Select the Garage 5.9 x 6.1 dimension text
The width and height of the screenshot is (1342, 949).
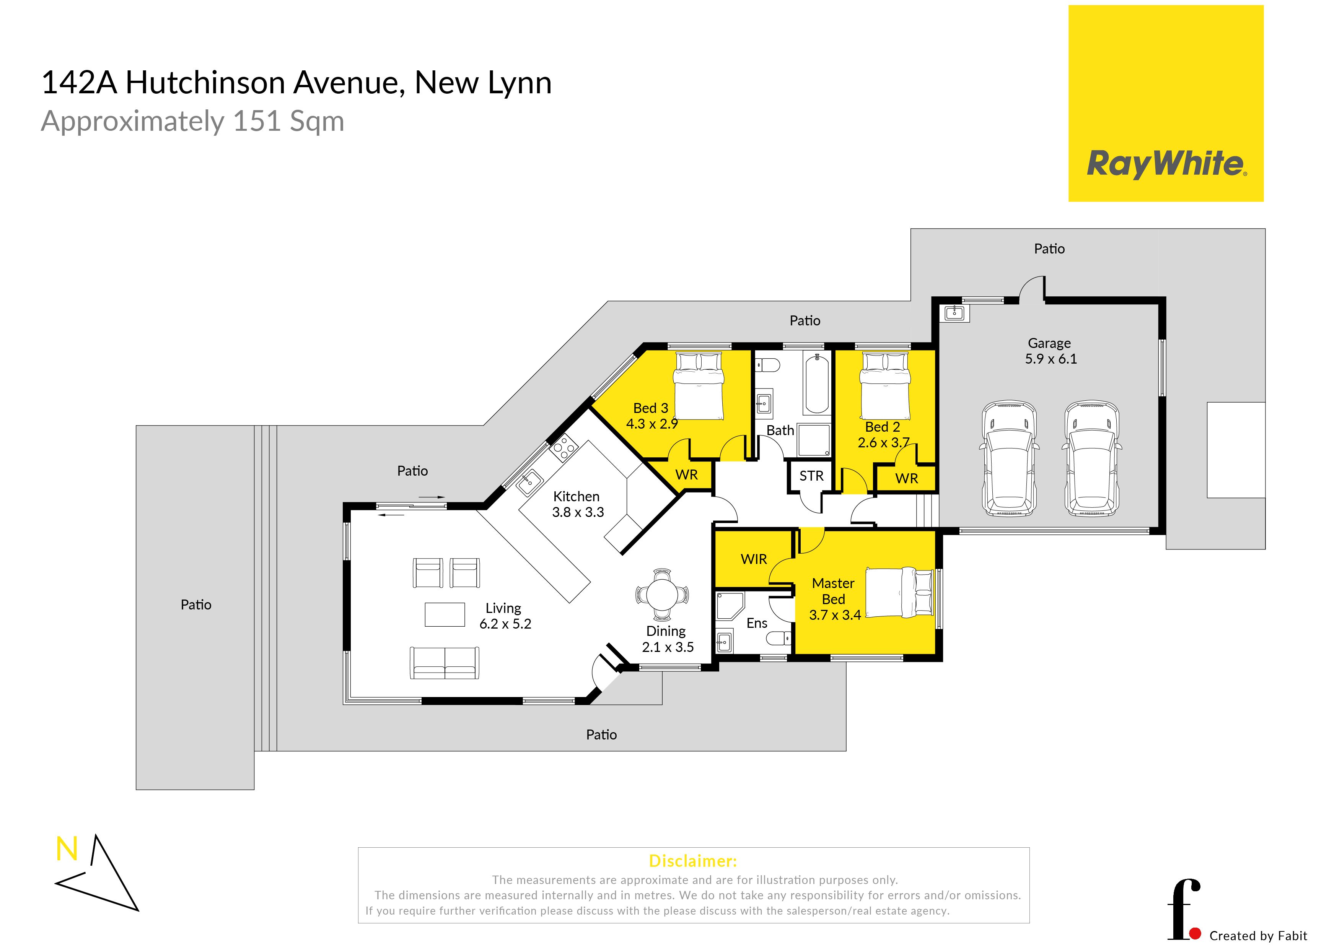[1050, 359]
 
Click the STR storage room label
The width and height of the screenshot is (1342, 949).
[811, 476]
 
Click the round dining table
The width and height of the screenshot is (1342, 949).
[662, 595]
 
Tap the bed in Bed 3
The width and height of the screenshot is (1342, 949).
[699, 386]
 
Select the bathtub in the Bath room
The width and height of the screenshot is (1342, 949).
[816, 383]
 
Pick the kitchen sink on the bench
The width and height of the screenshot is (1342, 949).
[529, 483]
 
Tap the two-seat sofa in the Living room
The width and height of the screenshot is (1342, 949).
[445, 663]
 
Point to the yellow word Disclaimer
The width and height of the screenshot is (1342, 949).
[693, 861]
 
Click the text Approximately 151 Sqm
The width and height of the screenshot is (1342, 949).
[192, 122]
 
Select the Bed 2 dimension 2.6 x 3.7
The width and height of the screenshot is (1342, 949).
[883, 442]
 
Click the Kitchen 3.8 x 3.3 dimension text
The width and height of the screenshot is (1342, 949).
[578, 512]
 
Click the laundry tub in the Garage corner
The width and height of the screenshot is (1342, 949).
[954, 313]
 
